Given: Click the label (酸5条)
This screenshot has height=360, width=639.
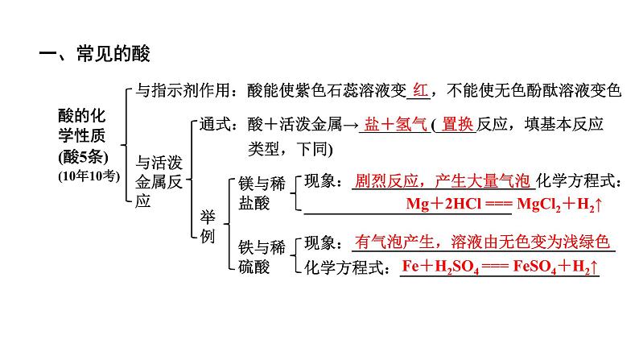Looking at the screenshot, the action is (83, 154).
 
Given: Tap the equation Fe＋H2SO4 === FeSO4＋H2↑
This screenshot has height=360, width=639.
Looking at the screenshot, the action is (500, 267).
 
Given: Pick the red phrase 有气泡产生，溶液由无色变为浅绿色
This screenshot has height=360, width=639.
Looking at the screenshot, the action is (483, 242).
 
